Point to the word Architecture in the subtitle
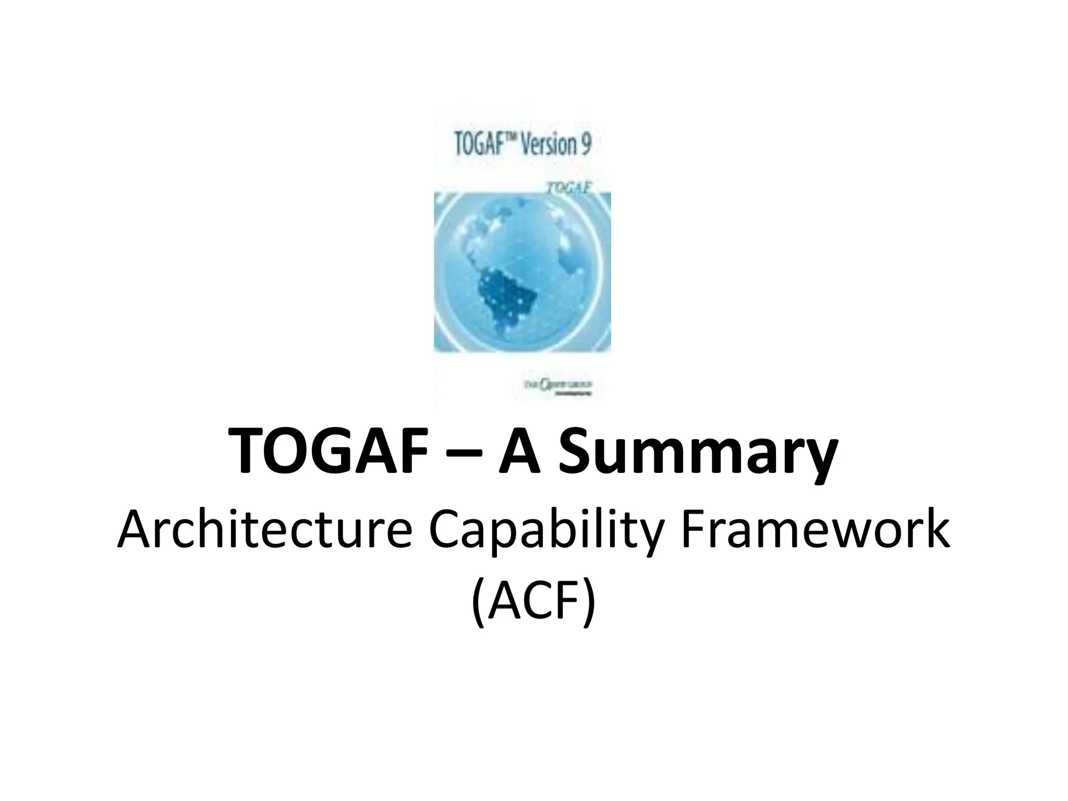(264, 532)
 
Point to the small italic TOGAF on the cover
(568, 187)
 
